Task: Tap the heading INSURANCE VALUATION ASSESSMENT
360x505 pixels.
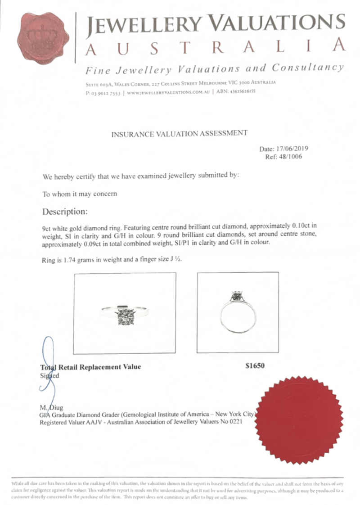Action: tap(179, 133)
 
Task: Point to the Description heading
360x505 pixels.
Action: tap(65, 211)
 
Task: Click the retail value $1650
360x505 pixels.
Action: tap(255, 366)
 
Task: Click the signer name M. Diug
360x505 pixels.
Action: tap(51, 408)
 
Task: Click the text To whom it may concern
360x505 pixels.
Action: tap(80, 194)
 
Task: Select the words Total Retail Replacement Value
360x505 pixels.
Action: tap(90, 367)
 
